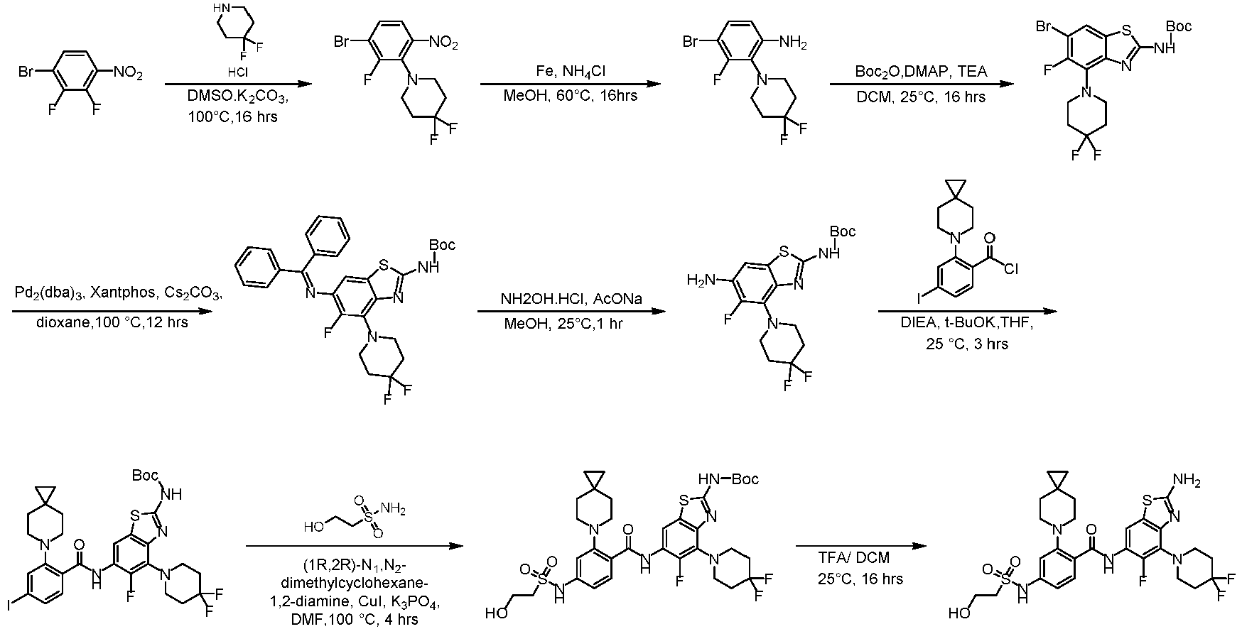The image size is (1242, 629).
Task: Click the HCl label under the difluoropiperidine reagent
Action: (x=237, y=72)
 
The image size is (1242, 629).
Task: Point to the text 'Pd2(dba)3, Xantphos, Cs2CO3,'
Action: (x=118, y=294)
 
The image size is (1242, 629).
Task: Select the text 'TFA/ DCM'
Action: (x=853, y=558)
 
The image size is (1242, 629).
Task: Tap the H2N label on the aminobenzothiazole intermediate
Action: (x=699, y=281)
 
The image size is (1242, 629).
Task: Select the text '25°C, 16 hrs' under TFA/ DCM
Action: (x=860, y=579)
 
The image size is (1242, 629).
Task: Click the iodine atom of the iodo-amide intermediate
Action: (x=7, y=605)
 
